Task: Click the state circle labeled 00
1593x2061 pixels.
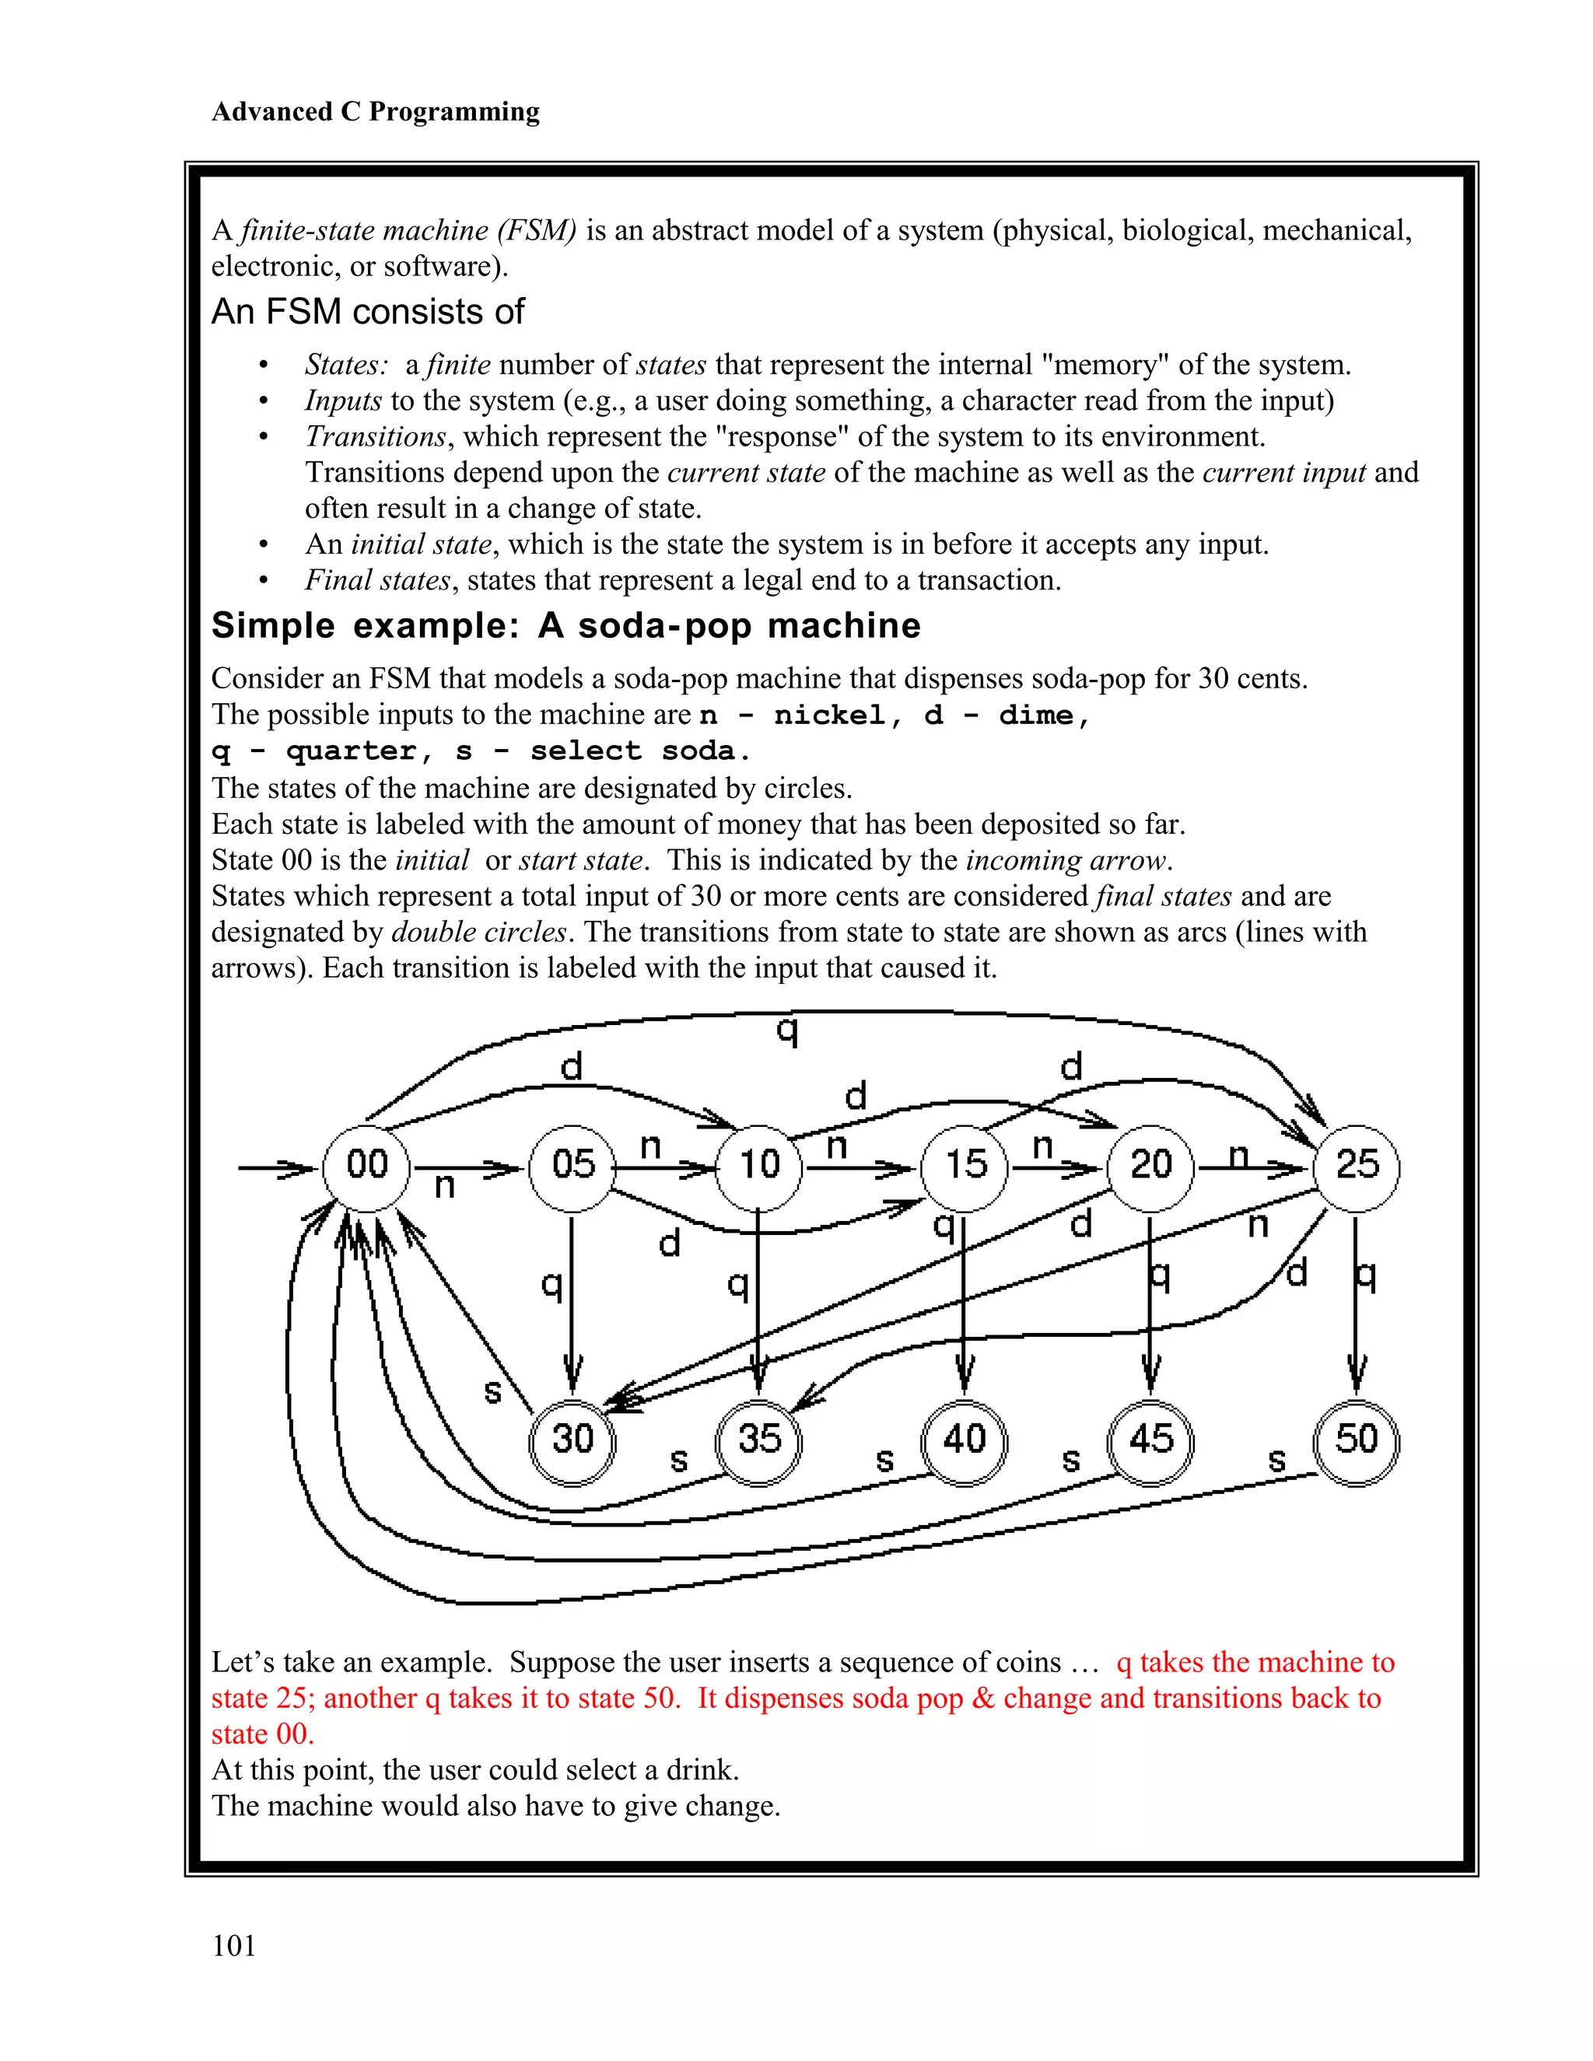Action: [367, 1168]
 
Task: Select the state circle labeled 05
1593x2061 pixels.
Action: [572, 1168]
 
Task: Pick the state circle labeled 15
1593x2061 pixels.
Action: [965, 1168]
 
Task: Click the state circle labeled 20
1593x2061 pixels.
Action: [1150, 1168]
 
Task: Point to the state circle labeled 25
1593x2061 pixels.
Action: [1356, 1168]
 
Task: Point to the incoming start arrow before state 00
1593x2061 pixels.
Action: [274, 1169]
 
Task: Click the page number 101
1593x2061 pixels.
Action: [234, 1946]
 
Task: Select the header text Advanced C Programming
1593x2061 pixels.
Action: [376, 111]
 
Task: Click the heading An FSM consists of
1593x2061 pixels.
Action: [367, 311]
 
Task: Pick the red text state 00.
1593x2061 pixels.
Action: [261, 1734]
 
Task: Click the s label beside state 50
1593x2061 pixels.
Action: [1277, 1461]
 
